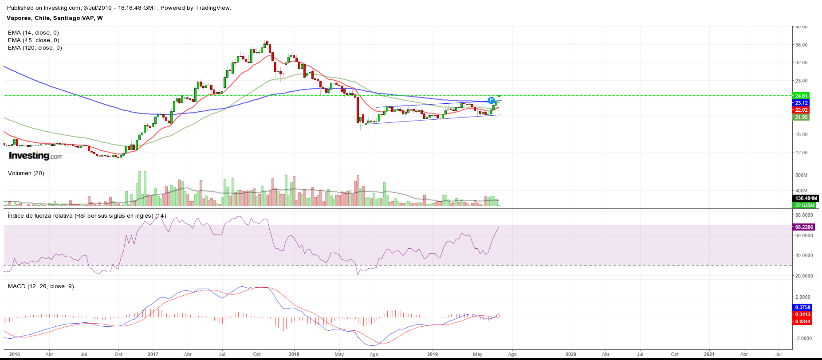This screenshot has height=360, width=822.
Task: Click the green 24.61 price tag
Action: click(801, 96)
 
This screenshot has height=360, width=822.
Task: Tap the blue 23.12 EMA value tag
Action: click(801, 103)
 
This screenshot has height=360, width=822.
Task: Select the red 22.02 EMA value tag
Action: click(801, 110)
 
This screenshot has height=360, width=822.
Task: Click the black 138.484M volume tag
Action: click(805, 198)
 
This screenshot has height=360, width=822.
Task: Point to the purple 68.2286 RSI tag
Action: click(803, 227)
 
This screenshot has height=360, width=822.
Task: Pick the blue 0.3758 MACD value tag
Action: click(802, 307)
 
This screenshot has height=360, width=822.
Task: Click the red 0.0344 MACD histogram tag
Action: click(802, 321)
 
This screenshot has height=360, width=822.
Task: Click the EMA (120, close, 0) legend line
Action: click(35, 48)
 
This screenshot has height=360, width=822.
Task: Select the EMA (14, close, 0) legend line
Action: click(33, 33)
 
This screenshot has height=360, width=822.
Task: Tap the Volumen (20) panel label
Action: click(26, 173)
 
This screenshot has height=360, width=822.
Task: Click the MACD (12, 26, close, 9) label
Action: click(41, 286)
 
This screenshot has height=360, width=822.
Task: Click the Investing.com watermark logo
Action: click(35, 156)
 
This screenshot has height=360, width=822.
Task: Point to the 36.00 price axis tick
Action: click(801, 45)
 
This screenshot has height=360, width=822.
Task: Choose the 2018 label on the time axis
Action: click(294, 354)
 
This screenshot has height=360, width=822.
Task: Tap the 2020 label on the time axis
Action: click(570, 354)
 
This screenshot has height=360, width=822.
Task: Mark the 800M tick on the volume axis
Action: click(801, 175)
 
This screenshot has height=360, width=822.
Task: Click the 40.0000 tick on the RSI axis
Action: click(804, 255)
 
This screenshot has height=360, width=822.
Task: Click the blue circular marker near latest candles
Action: click(491, 100)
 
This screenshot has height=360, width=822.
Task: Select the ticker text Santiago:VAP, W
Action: click(78, 18)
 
